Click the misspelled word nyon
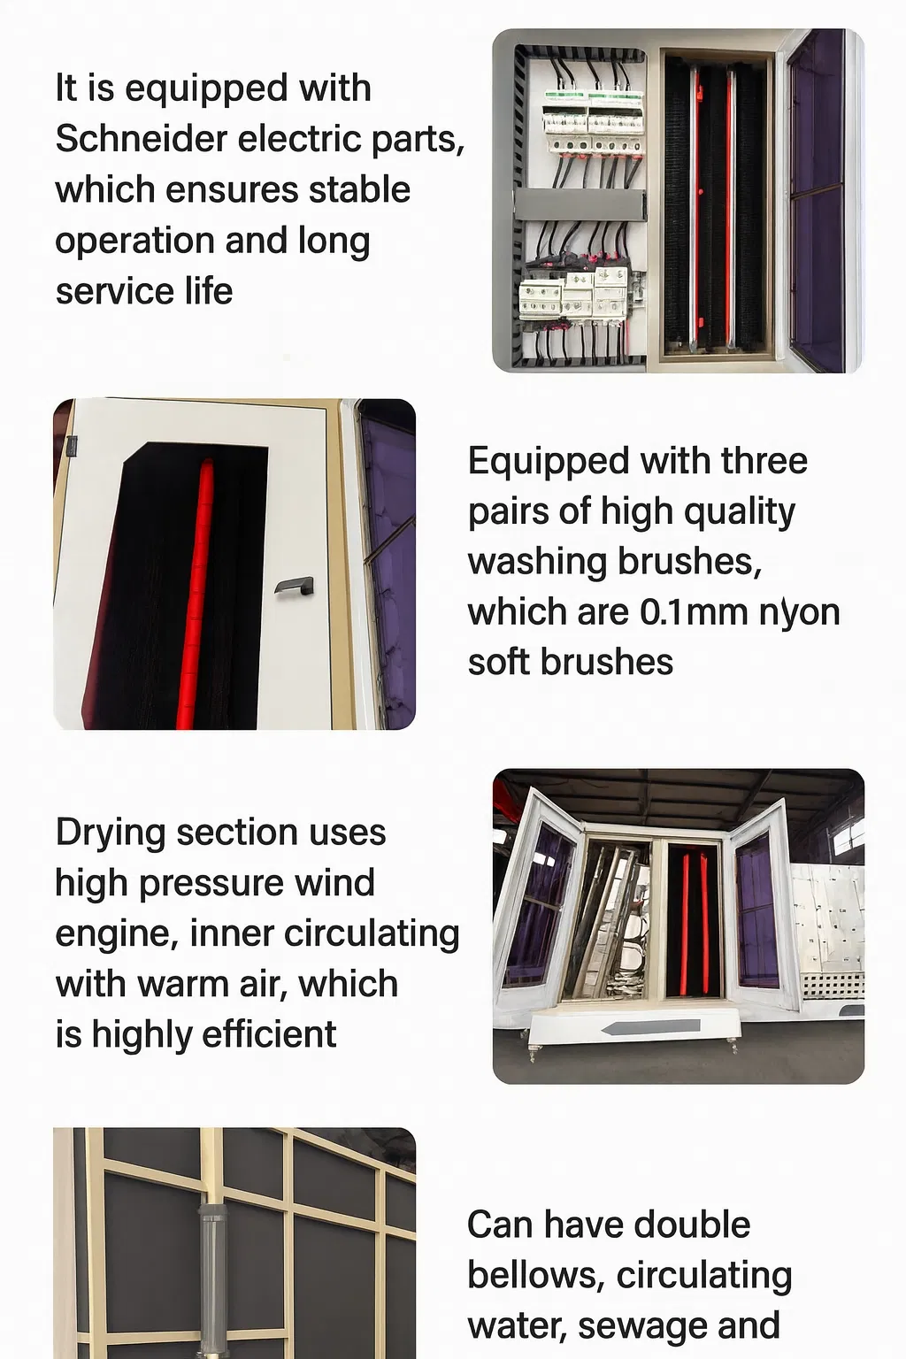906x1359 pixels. click(x=799, y=611)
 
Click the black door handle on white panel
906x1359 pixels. click(x=295, y=586)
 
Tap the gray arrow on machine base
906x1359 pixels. click(x=650, y=1027)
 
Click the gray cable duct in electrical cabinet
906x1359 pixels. click(x=579, y=204)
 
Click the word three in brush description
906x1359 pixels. click(x=764, y=461)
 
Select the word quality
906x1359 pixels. click(x=742, y=511)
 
